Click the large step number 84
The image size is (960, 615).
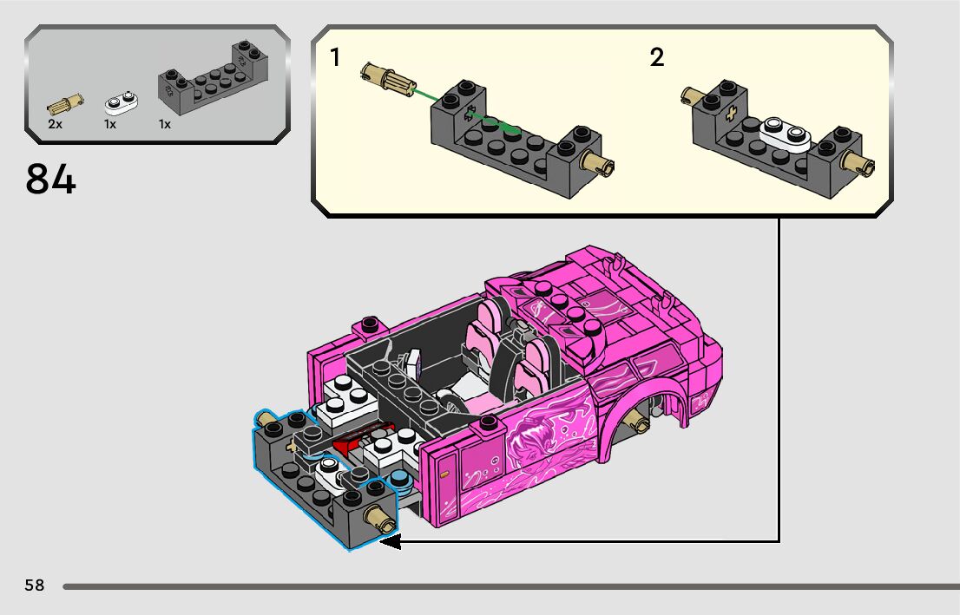pyautogui.click(x=51, y=180)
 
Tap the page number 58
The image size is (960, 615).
pyautogui.click(x=35, y=586)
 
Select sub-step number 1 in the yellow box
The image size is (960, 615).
pyautogui.click(x=335, y=58)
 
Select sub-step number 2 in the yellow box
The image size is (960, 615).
pyautogui.click(x=656, y=58)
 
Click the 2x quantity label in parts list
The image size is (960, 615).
pyautogui.click(x=55, y=124)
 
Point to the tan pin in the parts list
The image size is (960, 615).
pyautogui.click(x=62, y=104)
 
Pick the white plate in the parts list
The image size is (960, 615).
pyautogui.click(x=122, y=103)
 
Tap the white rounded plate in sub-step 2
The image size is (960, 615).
pyautogui.click(x=784, y=133)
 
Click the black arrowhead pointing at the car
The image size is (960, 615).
pyautogui.click(x=389, y=542)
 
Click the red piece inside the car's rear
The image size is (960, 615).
pyautogui.click(x=347, y=445)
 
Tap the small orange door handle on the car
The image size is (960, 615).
pyautogui.click(x=444, y=474)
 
